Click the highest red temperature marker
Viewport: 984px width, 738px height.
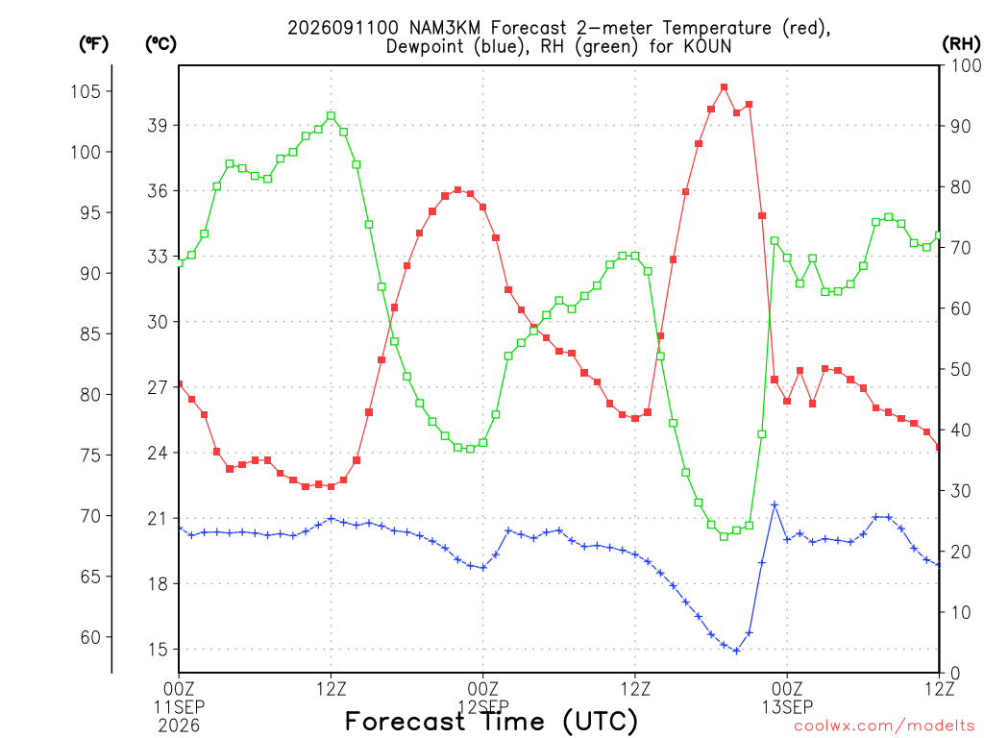point(724,87)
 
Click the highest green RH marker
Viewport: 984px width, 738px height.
point(331,116)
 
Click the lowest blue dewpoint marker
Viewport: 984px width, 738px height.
point(736,651)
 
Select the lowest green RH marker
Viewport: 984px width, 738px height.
point(724,536)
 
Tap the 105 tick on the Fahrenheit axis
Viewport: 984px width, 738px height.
point(86,91)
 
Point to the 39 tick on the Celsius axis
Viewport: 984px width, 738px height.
point(159,126)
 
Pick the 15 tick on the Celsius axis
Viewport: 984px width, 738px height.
point(159,650)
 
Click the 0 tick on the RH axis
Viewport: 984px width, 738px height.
point(955,674)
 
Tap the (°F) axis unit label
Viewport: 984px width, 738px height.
point(93,44)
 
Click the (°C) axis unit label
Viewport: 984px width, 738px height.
point(160,44)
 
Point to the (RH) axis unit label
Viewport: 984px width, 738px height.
point(961,44)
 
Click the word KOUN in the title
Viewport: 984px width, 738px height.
point(708,46)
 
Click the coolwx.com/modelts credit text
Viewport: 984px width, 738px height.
point(884,726)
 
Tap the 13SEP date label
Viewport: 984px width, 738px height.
point(787,707)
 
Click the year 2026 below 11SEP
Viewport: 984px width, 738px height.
point(179,726)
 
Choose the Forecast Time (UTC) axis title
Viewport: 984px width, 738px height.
point(491,721)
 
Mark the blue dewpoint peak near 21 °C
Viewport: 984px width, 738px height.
point(775,504)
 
